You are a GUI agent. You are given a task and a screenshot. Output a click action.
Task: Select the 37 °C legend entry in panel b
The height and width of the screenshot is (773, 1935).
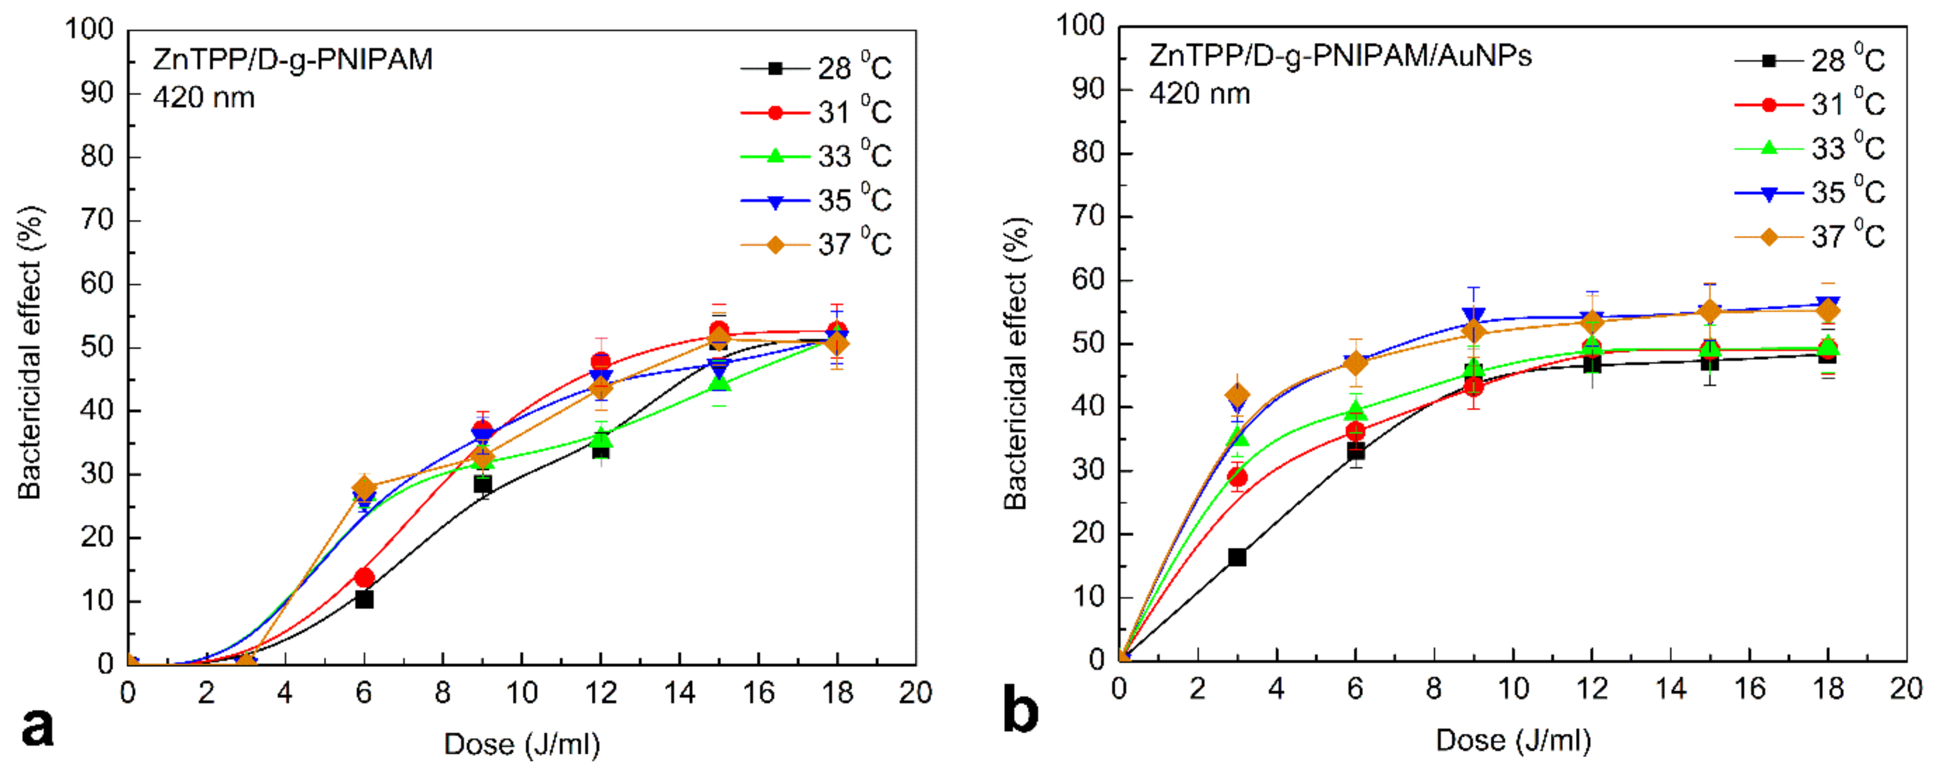tap(1811, 236)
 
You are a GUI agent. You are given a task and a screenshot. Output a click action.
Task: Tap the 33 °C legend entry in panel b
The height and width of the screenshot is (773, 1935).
tap(1811, 148)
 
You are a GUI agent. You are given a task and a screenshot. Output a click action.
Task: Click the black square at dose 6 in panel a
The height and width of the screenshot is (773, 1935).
tap(364, 599)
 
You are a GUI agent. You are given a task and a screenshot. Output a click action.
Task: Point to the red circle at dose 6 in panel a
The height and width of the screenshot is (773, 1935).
tap(364, 578)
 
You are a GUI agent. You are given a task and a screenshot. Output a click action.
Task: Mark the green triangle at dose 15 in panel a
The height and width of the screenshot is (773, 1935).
tap(719, 384)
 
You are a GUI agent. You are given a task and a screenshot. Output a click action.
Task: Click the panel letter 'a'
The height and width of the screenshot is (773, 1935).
tap(37, 727)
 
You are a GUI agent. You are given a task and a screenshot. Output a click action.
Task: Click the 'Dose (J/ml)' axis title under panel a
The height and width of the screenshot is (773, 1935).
tap(522, 745)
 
